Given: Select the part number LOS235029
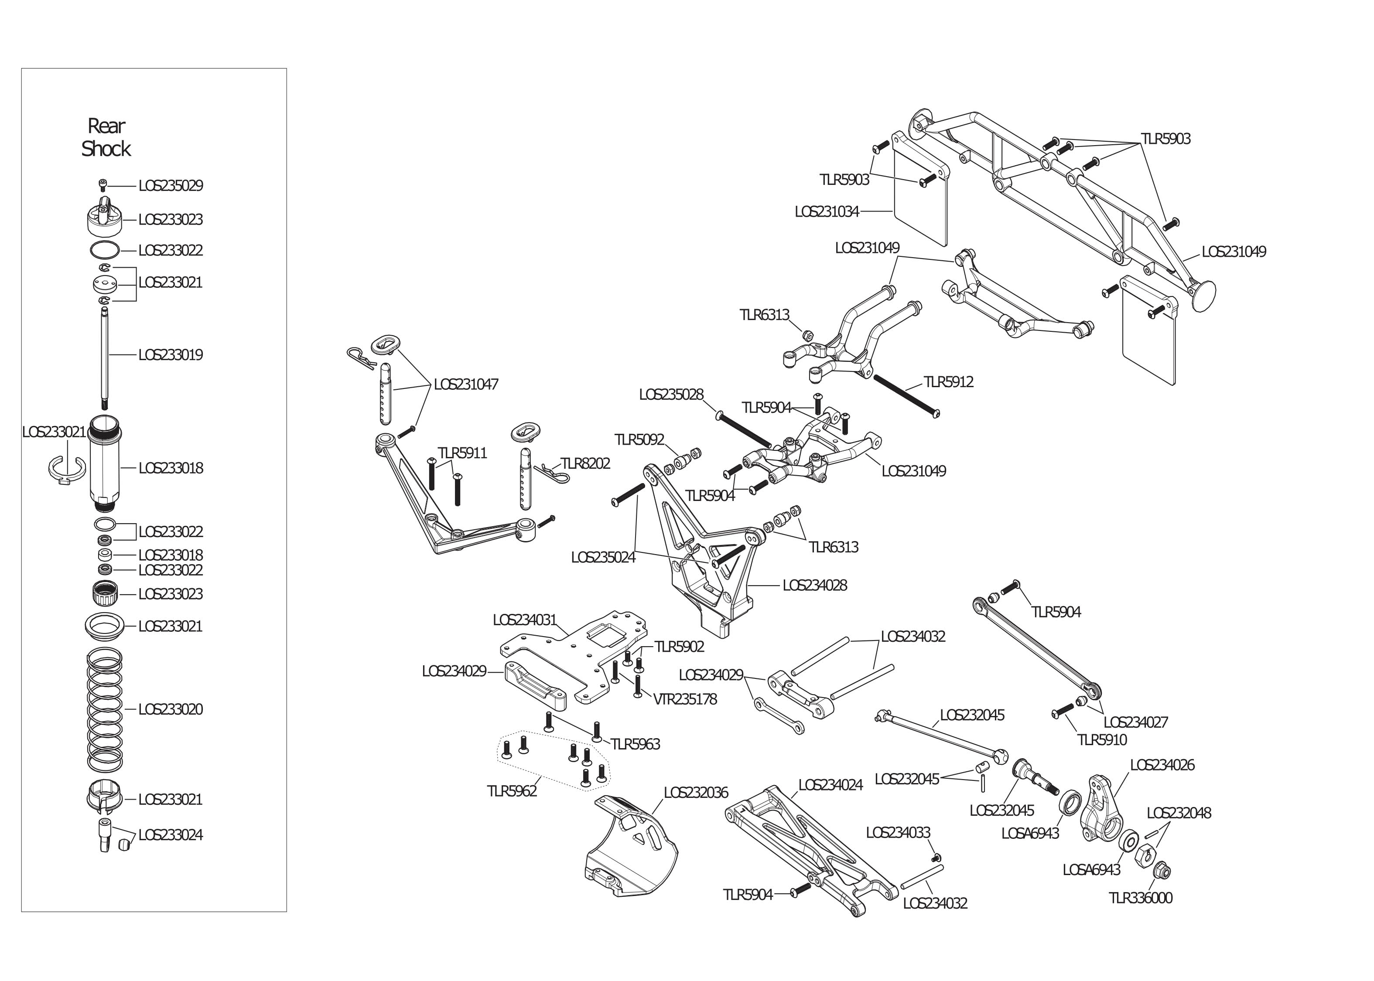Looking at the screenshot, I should (171, 185).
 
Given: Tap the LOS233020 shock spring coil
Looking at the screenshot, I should (105, 710).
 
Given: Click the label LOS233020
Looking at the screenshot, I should (171, 709).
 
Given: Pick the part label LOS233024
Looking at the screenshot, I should (171, 835).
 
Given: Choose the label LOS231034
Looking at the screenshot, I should (826, 212).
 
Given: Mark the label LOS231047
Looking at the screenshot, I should (466, 384).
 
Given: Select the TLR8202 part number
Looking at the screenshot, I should (585, 463).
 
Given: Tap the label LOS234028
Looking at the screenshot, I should (814, 586).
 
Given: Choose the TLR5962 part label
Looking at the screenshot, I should (512, 791).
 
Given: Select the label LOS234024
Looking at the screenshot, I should (830, 785).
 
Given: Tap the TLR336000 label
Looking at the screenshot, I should (1140, 898).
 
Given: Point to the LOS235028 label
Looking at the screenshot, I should (671, 395).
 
